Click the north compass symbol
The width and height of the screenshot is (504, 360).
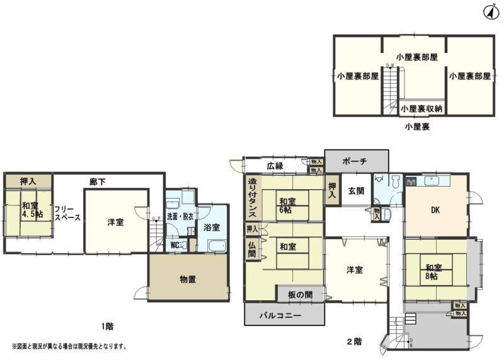(490, 11)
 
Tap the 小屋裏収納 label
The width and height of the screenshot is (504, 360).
(421, 108)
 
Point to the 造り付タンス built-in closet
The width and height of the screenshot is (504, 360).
(252, 197)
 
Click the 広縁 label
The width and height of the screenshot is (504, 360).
(275, 166)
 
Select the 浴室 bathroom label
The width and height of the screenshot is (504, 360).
(211, 227)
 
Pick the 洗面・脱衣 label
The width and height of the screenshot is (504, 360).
(180, 217)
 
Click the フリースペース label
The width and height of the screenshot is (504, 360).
(67, 214)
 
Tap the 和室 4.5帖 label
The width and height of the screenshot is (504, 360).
(28, 210)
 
